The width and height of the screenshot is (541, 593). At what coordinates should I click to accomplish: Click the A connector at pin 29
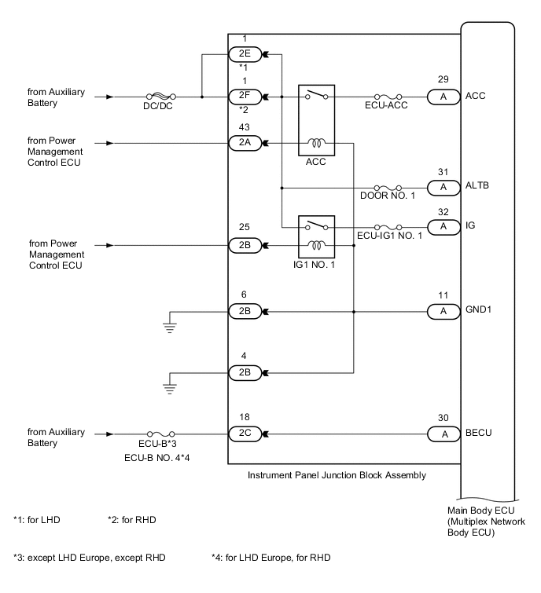point(443,97)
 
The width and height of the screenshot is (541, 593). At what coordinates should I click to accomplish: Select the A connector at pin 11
point(443,312)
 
